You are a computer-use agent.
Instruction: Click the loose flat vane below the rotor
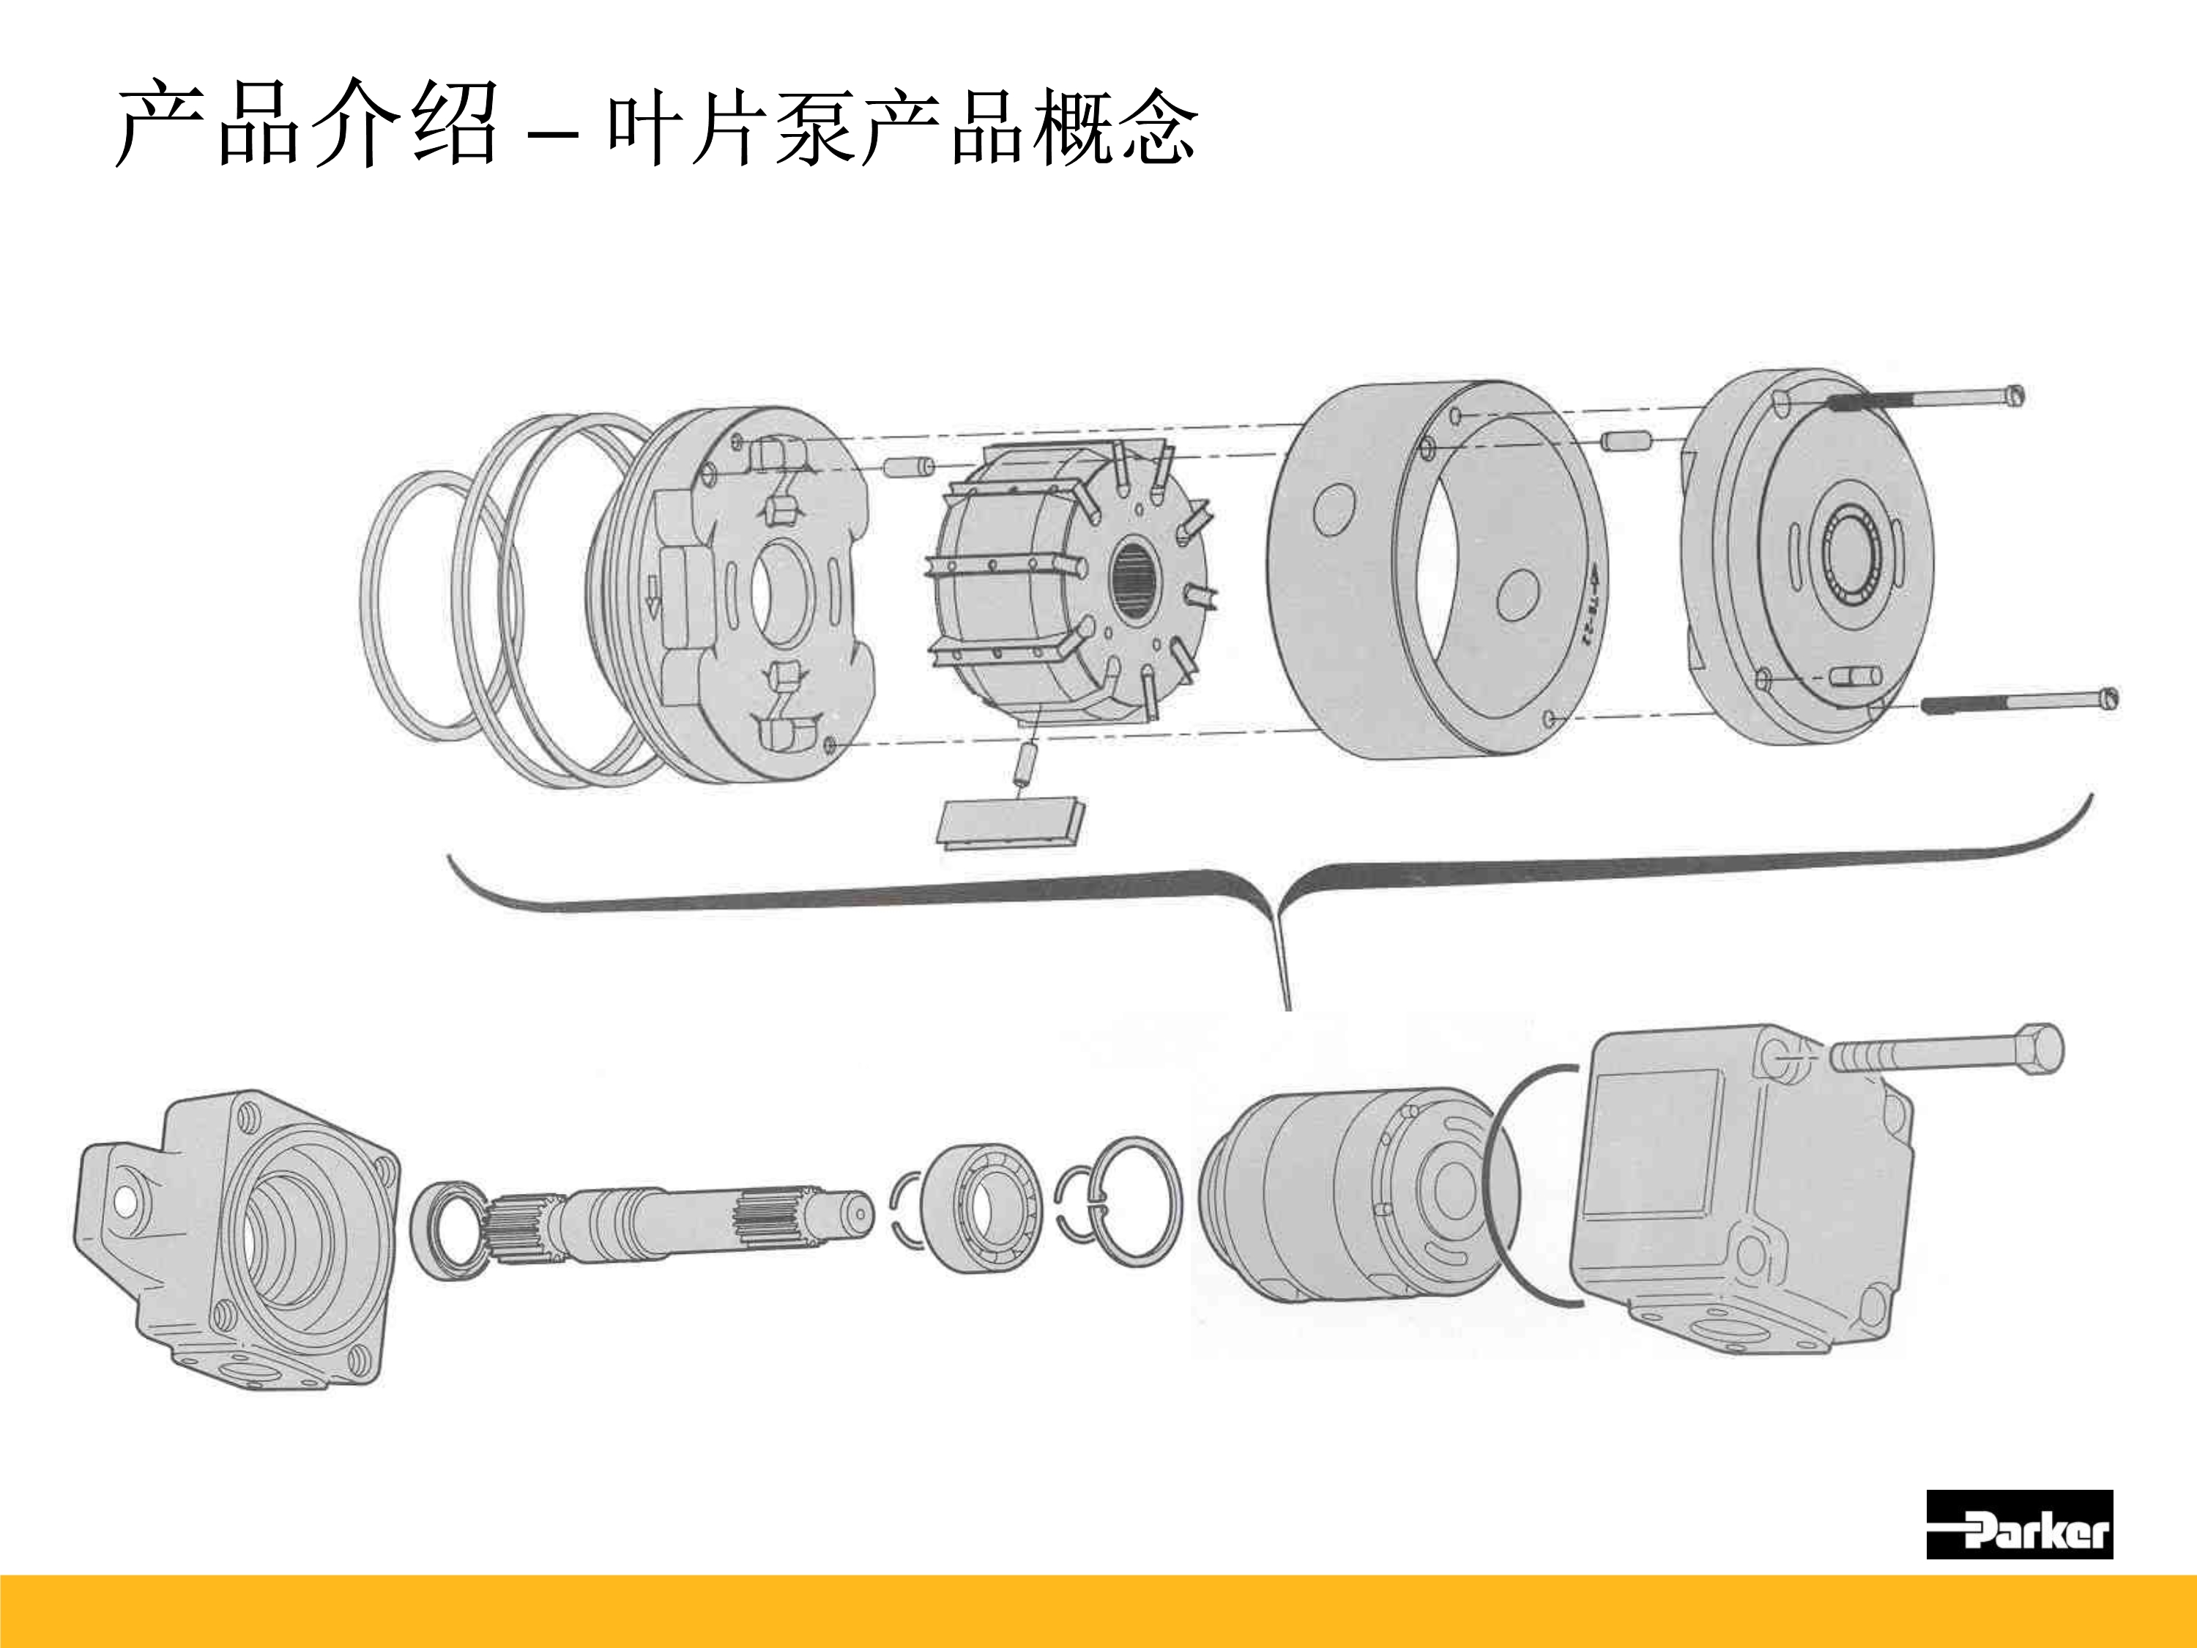1009,823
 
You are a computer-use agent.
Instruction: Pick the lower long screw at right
2016,702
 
